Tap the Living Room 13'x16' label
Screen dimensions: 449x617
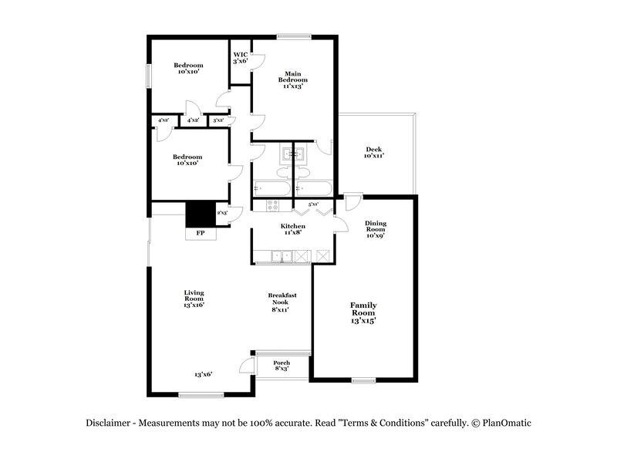[x=194, y=298]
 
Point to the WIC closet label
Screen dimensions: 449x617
[x=241, y=57]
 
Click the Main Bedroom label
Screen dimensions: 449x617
[x=293, y=79]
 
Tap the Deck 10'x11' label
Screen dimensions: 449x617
[x=374, y=153]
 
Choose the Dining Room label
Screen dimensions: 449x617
[x=376, y=229]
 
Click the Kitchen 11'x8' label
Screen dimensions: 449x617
[x=292, y=229]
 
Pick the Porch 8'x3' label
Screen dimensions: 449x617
[x=282, y=366]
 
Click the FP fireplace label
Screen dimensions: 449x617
[x=200, y=232]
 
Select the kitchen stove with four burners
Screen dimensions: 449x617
[x=272, y=205]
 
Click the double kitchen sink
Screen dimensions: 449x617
[x=283, y=255]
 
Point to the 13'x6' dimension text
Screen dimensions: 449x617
[x=203, y=374]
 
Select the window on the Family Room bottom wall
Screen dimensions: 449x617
[x=363, y=380]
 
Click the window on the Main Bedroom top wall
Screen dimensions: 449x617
[x=294, y=35]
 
